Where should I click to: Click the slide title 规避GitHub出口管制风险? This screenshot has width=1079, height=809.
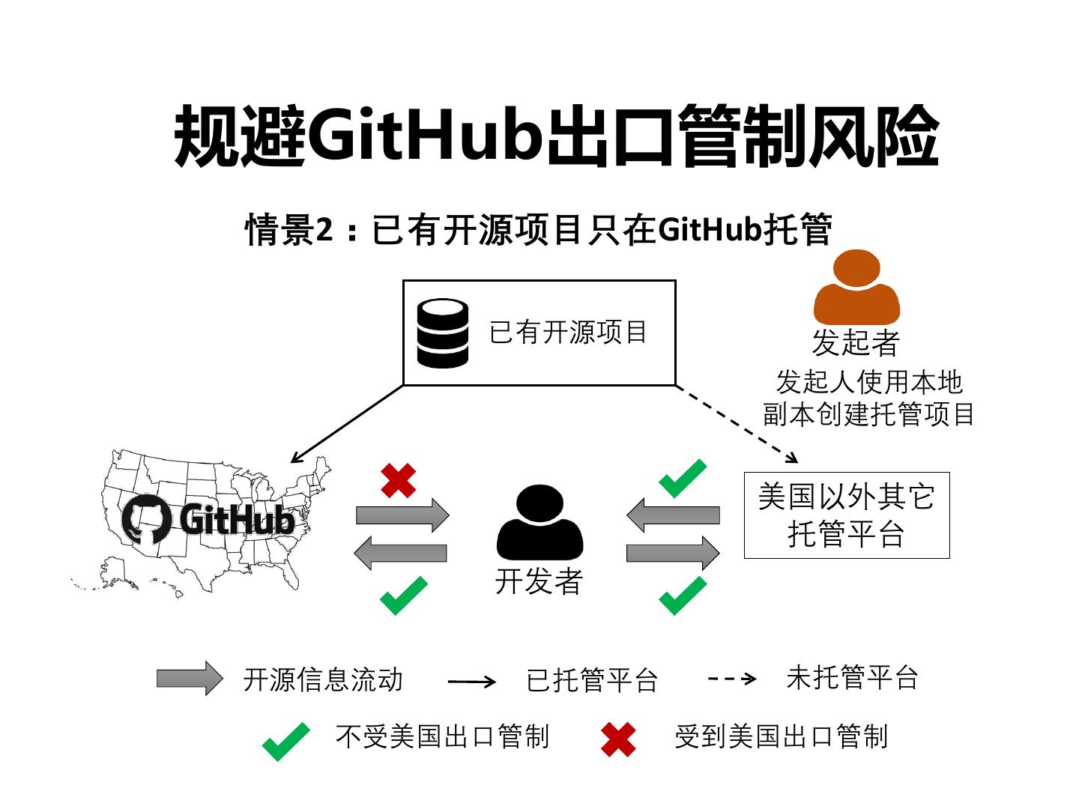pyautogui.click(x=555, y=136)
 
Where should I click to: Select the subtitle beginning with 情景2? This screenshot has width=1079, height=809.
pyautogui.click(x=538, y=229)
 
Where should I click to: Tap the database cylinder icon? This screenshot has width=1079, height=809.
pyautogui.click(x=442, y=333)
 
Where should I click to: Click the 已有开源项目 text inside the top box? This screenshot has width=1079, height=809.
pyautogui.click(x=568, y=333)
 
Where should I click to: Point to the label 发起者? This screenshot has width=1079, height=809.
pyautogui.click(x=856, y=343)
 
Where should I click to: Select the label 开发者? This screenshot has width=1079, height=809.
pyautogui.click(x=539, y=582)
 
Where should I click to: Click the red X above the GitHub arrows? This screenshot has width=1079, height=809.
pyautogui.click(x=398, y=480)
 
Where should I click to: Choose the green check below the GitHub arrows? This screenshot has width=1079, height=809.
pyautogui.click(x=403, y=596)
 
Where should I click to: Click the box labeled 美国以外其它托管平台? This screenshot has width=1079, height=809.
pyautogui.click(x=846, y=515)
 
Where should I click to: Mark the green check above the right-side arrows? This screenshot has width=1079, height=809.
pyautogui.click(x=682, y=479)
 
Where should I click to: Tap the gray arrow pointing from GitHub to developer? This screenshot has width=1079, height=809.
pyautogui.click(x=402, y=515)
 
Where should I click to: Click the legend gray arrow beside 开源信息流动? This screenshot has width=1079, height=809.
pyautogui.click(x=189, y=679)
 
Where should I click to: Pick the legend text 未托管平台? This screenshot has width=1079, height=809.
pyautogui.click(x=852, y=678)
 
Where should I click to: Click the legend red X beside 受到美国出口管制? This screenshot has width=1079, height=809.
pyautogui.click(x=618, y=739)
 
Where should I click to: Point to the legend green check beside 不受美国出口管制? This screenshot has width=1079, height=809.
pyautogui.click(x=285, y=741)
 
